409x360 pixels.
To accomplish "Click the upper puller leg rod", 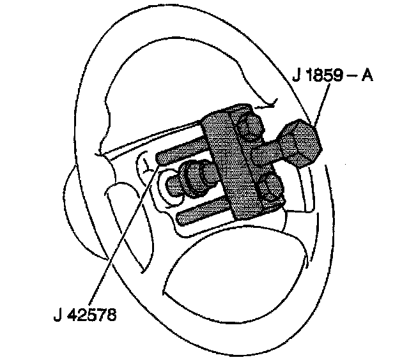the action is pos(182,153).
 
